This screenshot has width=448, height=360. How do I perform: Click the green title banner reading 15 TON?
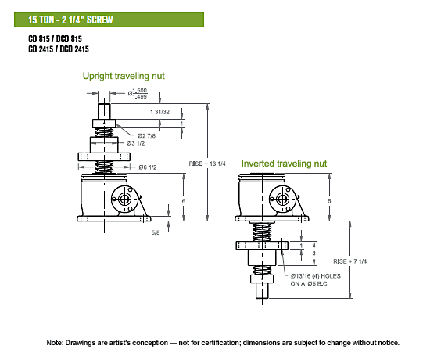click(x=109, y=20)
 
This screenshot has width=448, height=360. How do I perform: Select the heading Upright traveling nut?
click(x=124, y=76)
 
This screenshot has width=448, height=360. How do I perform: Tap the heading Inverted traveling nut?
click(x=284, y=164)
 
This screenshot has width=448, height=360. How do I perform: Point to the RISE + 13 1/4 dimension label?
click(x=207, y=164)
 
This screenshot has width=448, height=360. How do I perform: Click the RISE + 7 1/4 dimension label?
click(x=349, y=261)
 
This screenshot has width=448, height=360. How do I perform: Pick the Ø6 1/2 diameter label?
click(x=148, y=167)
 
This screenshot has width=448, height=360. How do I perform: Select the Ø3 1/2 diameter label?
click(x=136, y=143)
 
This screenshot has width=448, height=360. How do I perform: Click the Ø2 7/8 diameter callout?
click(x=146, y=135)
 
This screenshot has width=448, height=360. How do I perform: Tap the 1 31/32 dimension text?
click(x=159, y=112)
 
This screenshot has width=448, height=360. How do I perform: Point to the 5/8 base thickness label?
click(x=156, y=232)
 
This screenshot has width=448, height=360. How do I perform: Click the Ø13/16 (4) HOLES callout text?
click(x=316, y=276)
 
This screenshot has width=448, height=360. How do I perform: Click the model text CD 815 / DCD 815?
click(x=56, y=39)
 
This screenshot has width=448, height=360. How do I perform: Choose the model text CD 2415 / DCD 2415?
click(x=59, y=49)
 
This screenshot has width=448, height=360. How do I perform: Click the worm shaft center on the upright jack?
click(x=124, y=199)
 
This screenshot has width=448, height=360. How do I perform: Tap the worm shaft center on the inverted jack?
click(x=282, y=199)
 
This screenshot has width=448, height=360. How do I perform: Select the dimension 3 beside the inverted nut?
click(x=314, y=254)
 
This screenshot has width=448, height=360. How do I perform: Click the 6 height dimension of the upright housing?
click(x=184, y=201)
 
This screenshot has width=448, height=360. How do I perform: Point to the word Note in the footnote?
click(x=54, y=343)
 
